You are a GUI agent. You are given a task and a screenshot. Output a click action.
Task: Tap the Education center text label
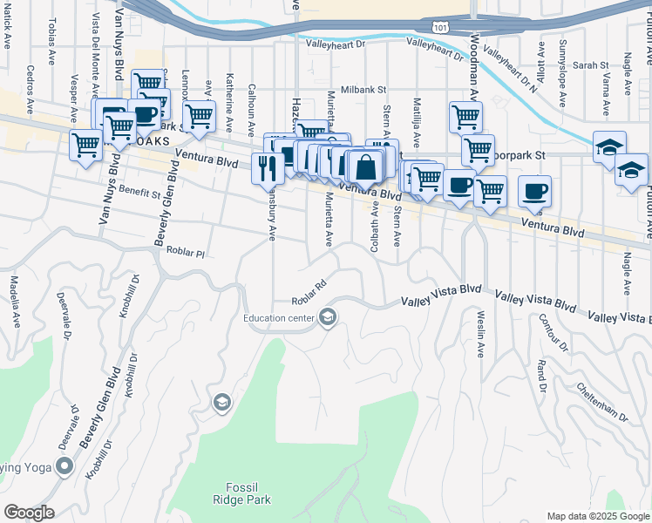point(279,318)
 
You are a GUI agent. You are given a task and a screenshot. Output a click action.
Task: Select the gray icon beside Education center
point(327,317)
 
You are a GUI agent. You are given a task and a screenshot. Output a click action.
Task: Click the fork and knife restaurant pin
point(264,167)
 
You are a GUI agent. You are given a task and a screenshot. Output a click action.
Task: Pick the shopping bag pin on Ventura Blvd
point(367,167)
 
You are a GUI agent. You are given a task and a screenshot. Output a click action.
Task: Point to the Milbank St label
point(363,90)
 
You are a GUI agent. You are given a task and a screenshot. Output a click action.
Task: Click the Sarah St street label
point(590,65)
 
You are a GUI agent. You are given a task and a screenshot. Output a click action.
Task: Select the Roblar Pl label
point(185,253)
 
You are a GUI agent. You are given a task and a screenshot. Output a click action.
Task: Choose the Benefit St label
point(141,193)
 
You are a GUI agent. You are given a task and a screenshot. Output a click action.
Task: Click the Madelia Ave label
point(15,302)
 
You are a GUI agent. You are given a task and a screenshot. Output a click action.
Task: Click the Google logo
point(29,513)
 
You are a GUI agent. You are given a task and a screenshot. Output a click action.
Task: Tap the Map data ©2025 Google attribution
point(597,516)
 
